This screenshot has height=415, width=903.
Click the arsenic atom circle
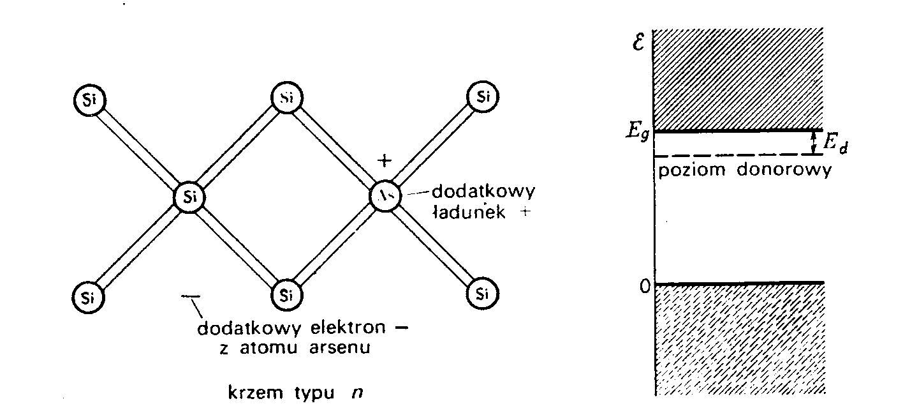386,196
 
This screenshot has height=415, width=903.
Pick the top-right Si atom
483,97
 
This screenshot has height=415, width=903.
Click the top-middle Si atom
286,98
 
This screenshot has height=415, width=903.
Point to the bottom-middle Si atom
286,294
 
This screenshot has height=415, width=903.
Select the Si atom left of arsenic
189,196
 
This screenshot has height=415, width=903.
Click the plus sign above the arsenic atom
383,162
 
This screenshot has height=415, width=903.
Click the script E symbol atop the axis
638,44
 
